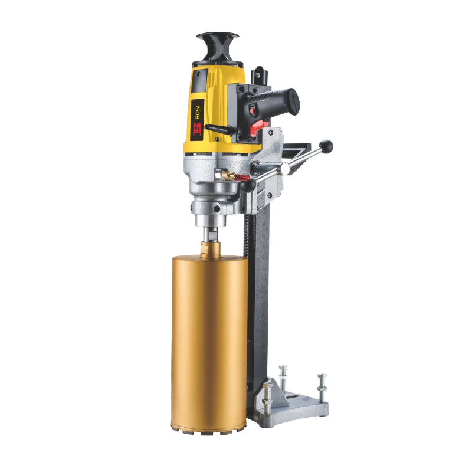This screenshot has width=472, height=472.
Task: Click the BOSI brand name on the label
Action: (198, 113)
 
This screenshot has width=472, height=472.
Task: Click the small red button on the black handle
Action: (253, 111)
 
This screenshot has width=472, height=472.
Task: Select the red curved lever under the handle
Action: (257, 127)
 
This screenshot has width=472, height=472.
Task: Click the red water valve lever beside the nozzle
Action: (241, 178)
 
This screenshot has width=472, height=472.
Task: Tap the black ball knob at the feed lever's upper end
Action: (326, 146)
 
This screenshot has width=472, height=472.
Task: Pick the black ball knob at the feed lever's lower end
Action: (248, 185)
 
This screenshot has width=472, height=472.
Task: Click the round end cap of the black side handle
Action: (293, 102)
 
